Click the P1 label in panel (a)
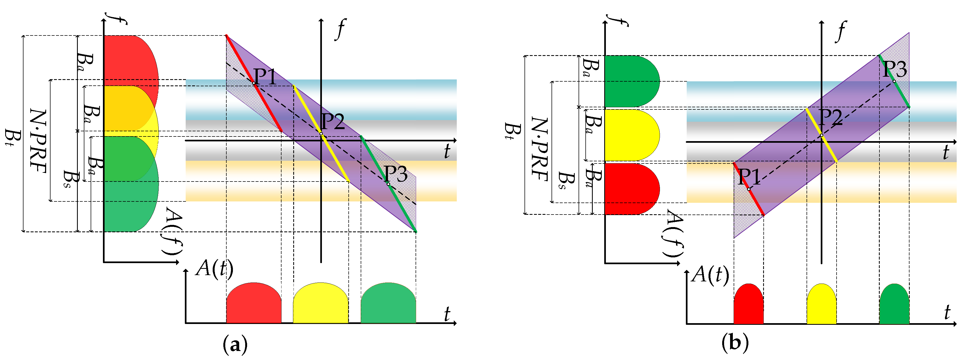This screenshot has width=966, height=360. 265,77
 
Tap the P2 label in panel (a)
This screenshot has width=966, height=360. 333,121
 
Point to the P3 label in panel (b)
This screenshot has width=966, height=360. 895,69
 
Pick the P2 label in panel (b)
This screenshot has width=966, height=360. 830,117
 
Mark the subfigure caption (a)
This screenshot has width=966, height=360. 235,344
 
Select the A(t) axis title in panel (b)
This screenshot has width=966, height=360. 710,275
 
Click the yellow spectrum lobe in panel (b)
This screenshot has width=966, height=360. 630,135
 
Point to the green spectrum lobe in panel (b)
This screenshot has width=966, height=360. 630,81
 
